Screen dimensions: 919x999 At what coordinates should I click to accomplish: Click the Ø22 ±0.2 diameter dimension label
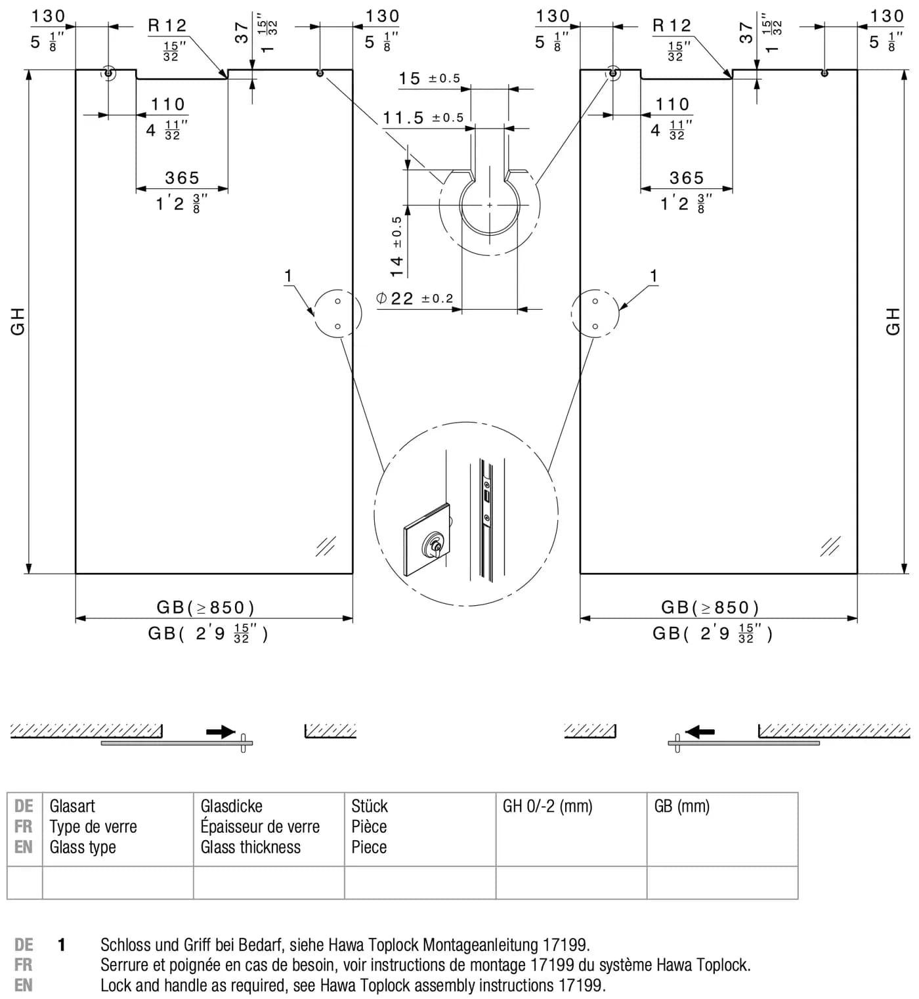415,298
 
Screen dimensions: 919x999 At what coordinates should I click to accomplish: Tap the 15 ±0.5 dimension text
429,78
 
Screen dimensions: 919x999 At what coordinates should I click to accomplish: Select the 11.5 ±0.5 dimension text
423,117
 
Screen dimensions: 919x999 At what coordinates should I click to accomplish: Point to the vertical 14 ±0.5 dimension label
396,247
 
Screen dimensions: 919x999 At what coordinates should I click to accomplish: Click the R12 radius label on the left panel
167,26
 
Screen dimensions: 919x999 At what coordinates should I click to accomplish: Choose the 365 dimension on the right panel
687,178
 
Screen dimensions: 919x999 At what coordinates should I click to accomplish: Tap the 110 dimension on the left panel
168,104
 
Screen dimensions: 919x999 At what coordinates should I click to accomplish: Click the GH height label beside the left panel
18,321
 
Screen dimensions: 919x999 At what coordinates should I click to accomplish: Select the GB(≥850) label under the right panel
710,607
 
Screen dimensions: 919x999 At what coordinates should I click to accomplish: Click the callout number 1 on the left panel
288,276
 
